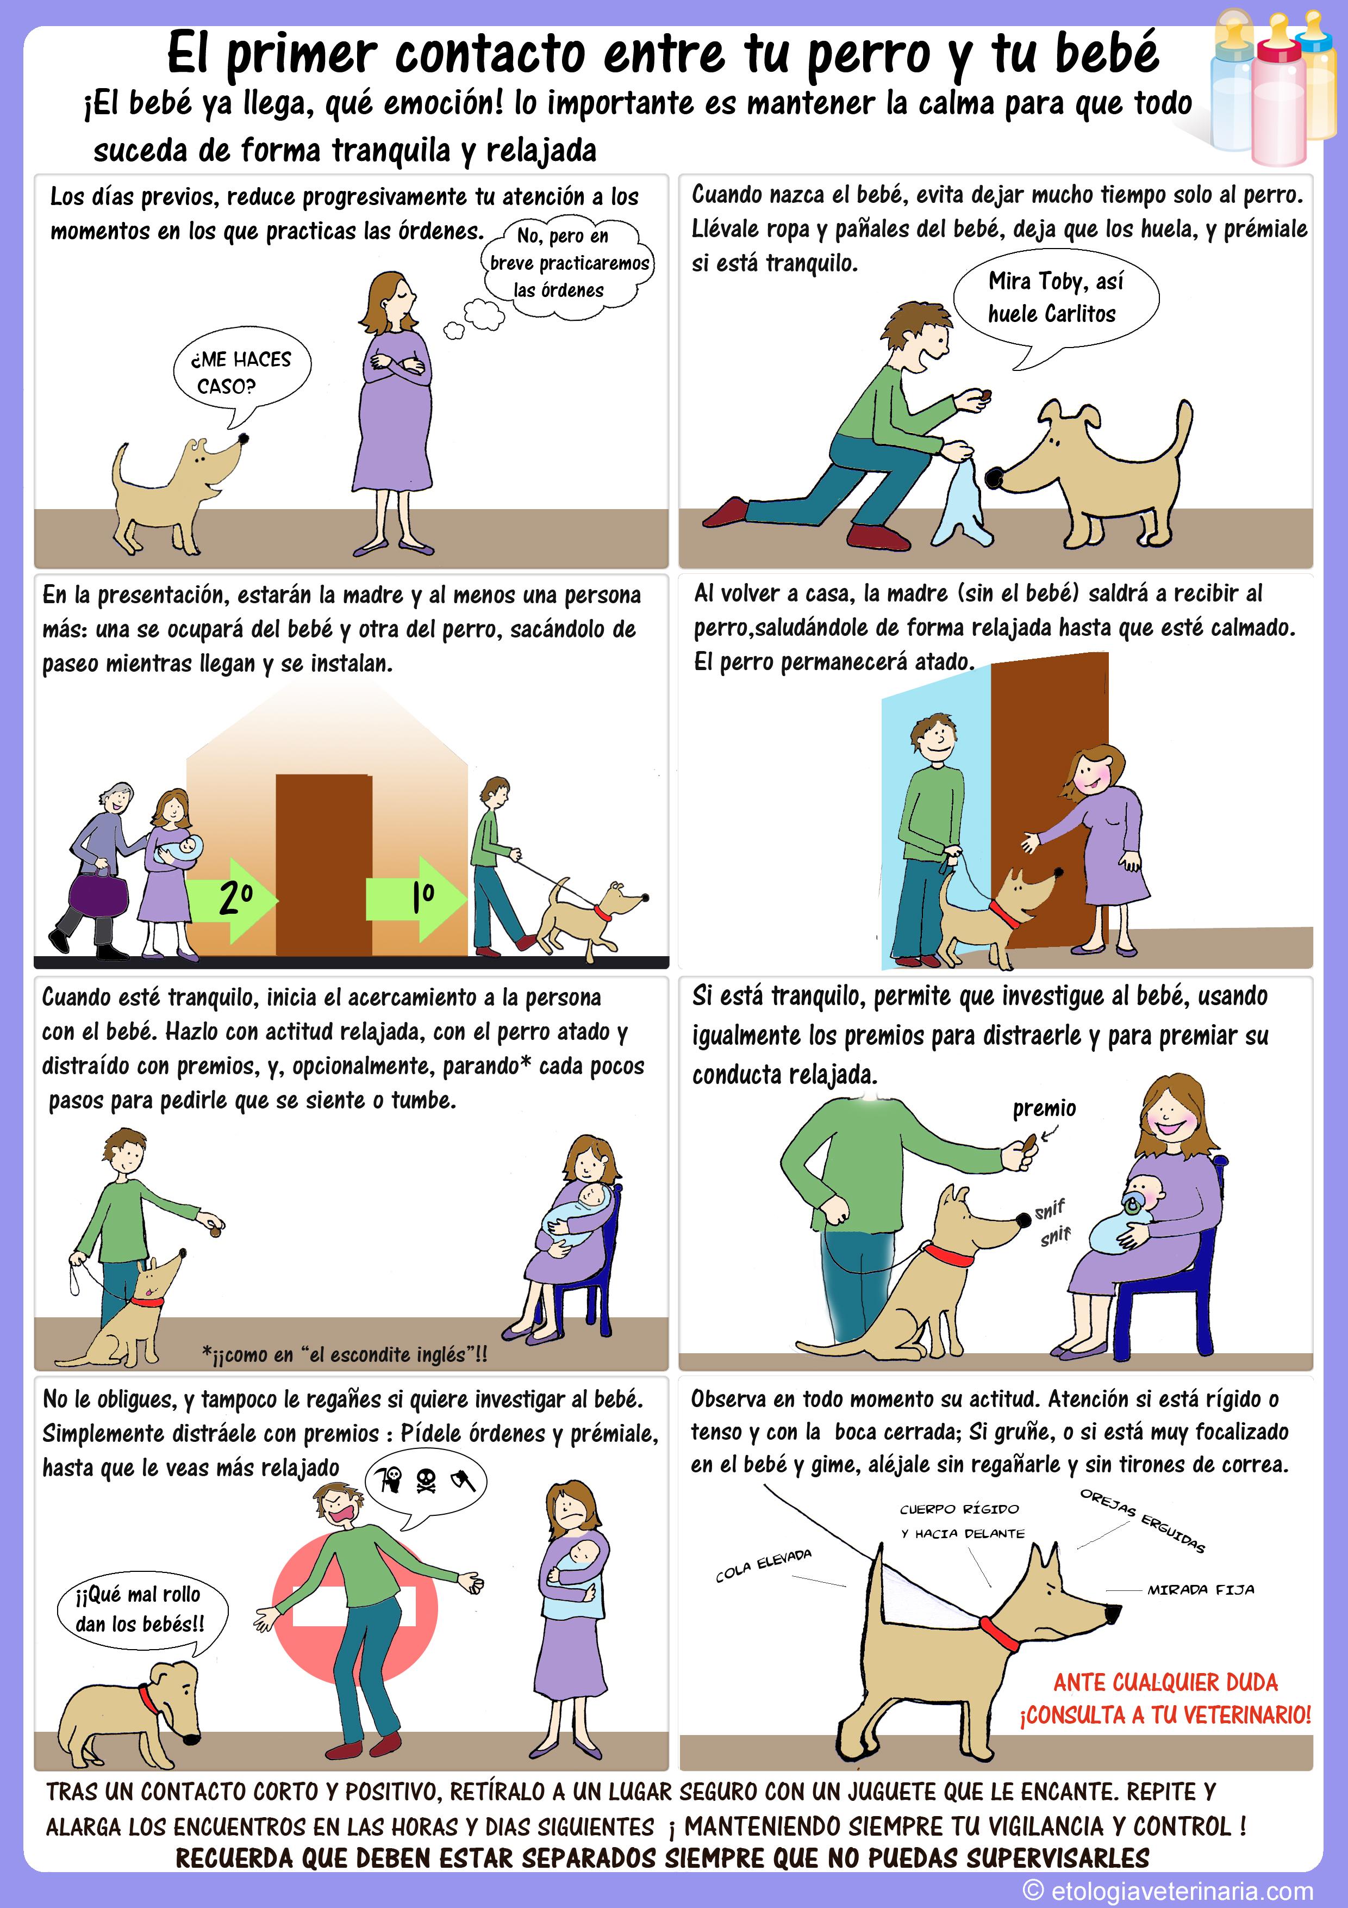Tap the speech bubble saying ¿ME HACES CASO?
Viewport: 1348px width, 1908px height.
[241, 372]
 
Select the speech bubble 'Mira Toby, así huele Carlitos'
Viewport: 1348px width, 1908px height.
[1055, 300]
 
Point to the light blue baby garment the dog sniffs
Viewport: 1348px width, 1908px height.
[962, 502]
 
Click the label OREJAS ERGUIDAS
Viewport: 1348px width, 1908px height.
[1142, 1520]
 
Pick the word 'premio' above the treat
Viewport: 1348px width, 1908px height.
[1044, 1108]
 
